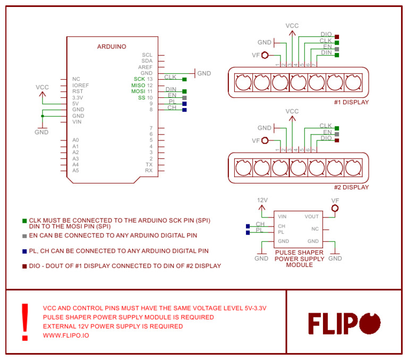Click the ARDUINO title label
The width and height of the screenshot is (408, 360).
(x=112, y=47)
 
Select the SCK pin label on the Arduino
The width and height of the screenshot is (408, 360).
(x=139, y=79)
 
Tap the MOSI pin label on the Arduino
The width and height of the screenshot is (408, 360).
(x=138, y=91)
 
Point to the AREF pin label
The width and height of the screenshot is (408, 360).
(x=145, y=68)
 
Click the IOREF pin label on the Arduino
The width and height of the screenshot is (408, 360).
(x=81, y=85)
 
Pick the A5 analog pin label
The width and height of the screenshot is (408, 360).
(x=76, y=171)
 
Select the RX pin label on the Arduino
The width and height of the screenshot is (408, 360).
(x=149, y=171)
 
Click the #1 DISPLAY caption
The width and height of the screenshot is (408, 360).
(x=351, y=102)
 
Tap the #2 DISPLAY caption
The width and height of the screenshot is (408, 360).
(x=351, y=187)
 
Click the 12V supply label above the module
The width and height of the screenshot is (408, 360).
(x=262, y=200)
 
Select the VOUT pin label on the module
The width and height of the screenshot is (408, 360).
(x=312, y=216)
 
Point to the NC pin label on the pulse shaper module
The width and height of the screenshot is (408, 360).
(x=315, y=229)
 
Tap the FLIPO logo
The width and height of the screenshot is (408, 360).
(x=345, y=323)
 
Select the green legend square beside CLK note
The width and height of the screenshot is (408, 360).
(x=24, y=220)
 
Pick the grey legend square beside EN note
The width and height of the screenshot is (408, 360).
(x=24, y=236)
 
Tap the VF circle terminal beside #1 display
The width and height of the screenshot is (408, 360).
(x=265, y=55)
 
